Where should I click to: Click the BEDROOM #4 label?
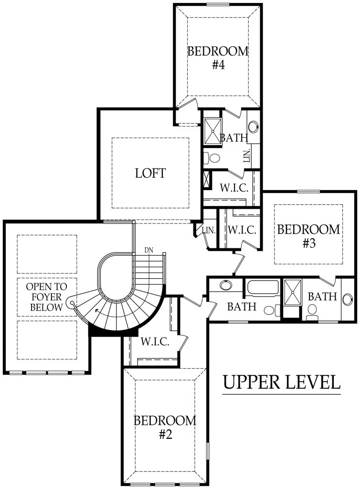(218, 58)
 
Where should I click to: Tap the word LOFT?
(150, 173)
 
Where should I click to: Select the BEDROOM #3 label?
(309, 236)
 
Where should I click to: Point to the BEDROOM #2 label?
(164, 427)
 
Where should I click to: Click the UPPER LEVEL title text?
(282, 382)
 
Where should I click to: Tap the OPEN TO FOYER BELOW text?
(46, 297)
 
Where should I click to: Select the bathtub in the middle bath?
(262, 288)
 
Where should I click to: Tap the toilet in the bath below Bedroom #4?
(212, 157)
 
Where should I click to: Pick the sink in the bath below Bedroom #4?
(254, 127)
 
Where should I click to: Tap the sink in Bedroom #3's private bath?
(346, 297)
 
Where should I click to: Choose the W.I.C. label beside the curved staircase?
(155, 342)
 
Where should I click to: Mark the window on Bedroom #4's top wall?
(218, 5)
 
